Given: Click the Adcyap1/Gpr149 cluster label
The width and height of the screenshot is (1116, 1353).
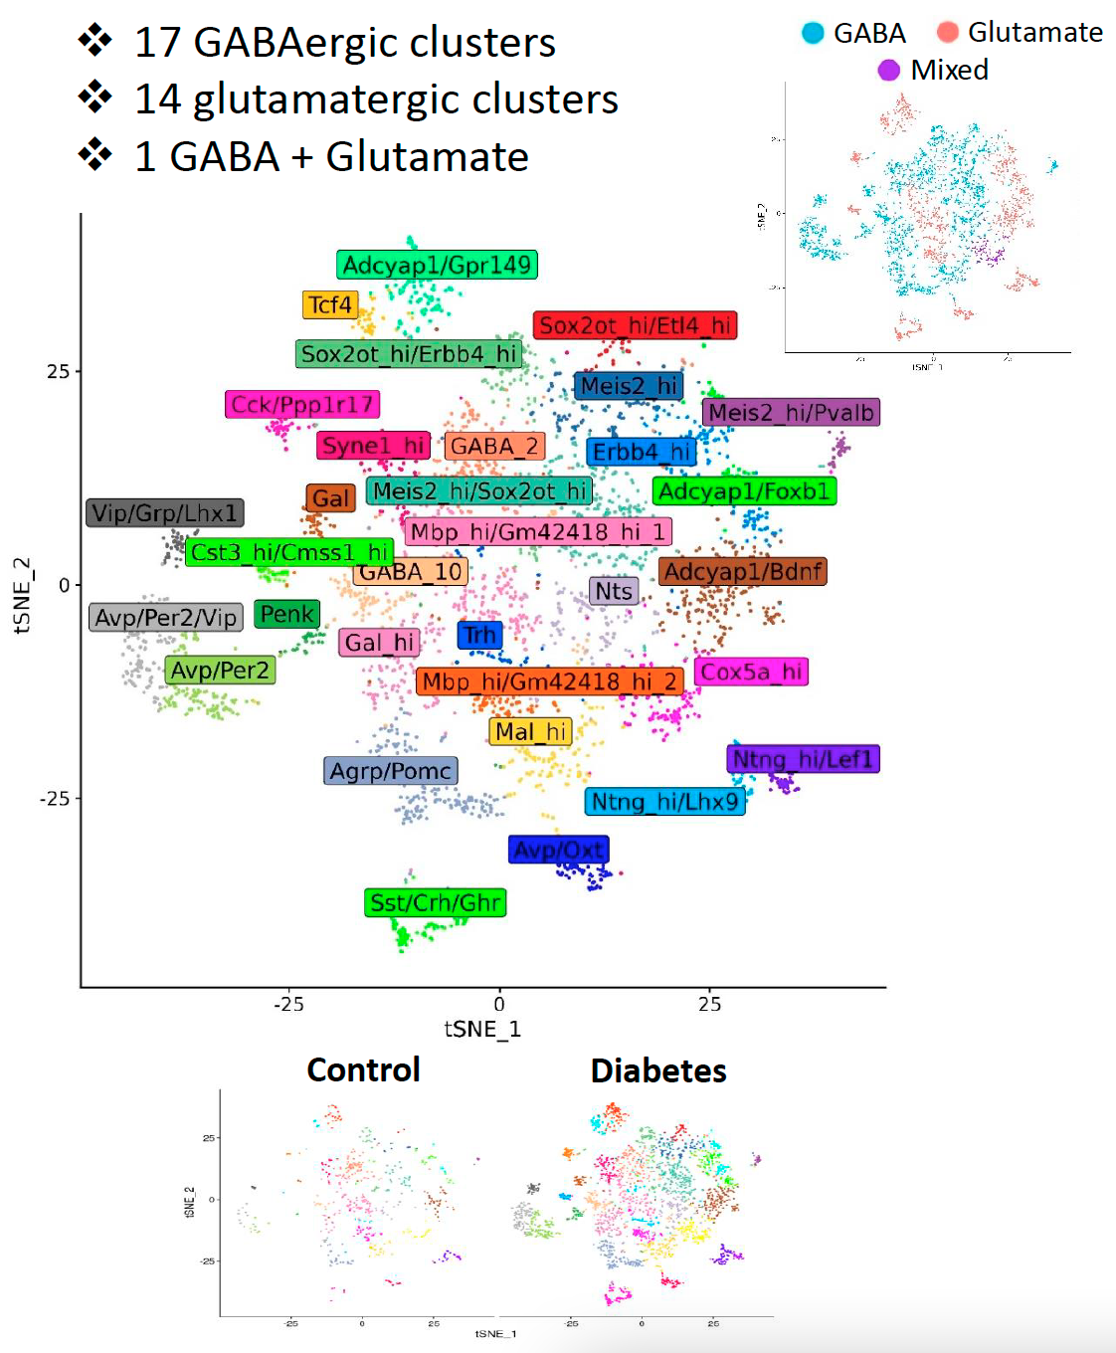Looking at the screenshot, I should click(437, 265).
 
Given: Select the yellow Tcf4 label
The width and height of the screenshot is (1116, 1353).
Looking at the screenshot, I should click(329, 304).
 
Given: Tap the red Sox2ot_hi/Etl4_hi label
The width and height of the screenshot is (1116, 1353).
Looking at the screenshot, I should click(635, 325).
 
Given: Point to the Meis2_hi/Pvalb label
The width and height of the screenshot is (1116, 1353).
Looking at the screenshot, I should click(791, 412).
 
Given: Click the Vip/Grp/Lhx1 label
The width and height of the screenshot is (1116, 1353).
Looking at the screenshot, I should click(165, 512).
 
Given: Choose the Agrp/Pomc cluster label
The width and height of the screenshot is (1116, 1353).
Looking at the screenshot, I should click(391, 771).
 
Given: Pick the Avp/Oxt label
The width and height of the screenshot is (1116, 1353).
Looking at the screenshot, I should click(558, 850).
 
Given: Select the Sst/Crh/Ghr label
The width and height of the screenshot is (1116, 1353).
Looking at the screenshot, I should click(435, 902).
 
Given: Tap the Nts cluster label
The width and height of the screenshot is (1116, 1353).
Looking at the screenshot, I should click(614, 591).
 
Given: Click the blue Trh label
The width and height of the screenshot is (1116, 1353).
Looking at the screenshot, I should click(479, 635).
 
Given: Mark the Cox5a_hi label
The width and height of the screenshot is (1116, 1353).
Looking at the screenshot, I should click(751, 672).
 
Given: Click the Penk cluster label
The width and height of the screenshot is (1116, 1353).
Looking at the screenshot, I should click(287, 614).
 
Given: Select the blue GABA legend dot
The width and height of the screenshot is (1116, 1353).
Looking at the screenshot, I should click(813, 33).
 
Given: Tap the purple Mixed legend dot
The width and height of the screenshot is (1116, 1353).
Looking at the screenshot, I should click(888, 70).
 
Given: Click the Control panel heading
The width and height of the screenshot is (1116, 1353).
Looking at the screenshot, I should click(363, 1069).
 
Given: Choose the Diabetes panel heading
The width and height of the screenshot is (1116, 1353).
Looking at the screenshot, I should click(658, 1070).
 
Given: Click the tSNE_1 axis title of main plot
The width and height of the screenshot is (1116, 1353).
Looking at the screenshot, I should click(481, 1029).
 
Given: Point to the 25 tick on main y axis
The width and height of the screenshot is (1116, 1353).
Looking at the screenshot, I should click(58, 371).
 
